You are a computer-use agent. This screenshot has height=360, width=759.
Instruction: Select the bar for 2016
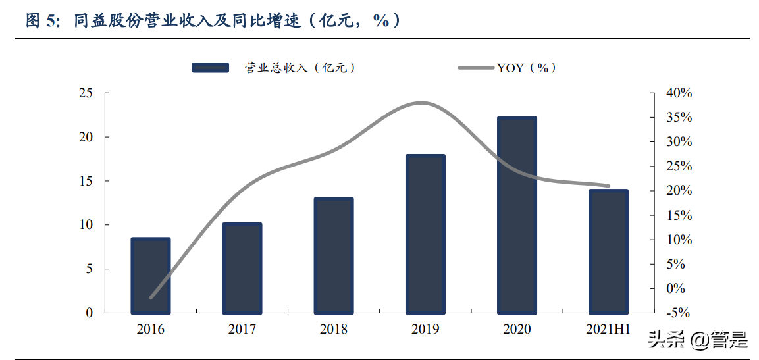pos(151,276)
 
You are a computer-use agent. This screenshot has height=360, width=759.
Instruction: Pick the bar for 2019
pos(425,234)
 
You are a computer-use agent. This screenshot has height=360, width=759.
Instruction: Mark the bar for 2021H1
pos(608,251)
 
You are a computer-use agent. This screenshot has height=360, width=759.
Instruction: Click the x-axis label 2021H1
pos(608,329)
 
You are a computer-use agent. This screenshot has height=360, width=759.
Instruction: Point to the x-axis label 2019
pos(425,329)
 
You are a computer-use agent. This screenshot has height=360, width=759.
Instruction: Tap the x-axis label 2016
pos(151,329)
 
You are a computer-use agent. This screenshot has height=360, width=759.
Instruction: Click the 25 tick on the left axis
pos(86,93)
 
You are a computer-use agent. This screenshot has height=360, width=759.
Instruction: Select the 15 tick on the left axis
pos(86,181)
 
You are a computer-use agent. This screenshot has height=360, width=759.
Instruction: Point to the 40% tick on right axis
pos(679,93)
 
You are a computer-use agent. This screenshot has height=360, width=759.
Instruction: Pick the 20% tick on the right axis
pos(679,191)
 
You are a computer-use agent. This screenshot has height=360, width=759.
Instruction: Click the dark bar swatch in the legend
pos(210,67)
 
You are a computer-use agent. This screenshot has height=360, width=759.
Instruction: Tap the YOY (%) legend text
pos(527,67)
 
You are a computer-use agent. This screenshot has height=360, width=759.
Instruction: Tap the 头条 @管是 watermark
pos(698,340)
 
